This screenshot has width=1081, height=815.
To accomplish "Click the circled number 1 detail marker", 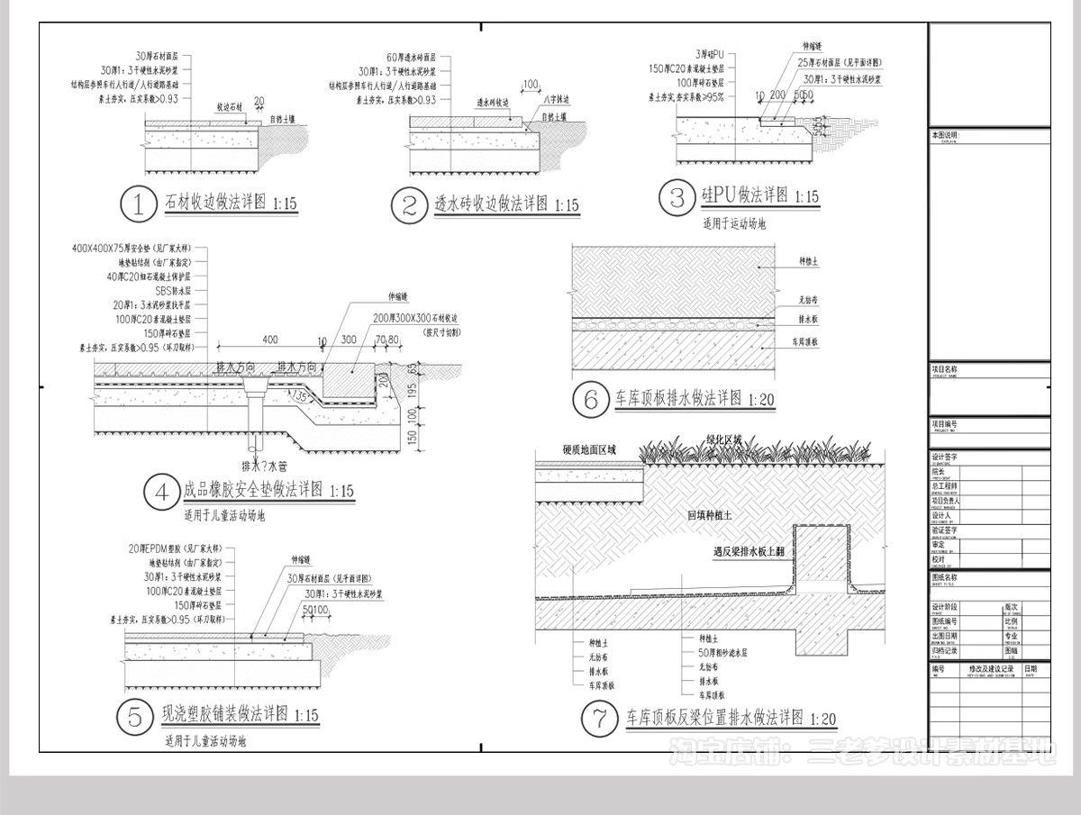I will click(x=139, y=204).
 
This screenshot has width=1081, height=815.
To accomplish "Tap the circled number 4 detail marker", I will click(x=162, y=492).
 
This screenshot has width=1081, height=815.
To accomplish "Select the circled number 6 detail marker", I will click(x=591, y=399).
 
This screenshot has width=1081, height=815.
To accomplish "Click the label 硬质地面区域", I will click(x=589, y=449).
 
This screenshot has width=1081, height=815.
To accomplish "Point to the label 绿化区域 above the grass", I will click(x=724, y=439).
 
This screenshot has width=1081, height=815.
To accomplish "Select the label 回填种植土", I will click(x=709, y=516).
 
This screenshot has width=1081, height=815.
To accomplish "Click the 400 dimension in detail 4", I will click(x=269, y=340).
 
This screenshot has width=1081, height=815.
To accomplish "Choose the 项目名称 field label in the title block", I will click(x=945, y=369).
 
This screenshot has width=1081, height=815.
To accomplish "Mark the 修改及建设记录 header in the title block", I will click(x=991, y=669).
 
